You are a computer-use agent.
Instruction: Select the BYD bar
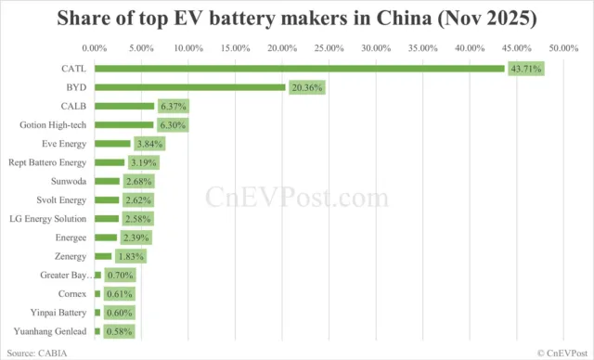189,86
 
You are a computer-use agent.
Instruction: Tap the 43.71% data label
525,68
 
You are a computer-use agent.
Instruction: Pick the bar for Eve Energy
112,144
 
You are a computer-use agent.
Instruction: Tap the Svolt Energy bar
107,199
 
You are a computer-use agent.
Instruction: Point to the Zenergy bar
103,256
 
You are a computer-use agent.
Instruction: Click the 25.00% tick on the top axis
329,46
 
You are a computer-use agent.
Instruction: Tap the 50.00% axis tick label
563,46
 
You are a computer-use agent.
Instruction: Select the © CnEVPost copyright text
561,353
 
